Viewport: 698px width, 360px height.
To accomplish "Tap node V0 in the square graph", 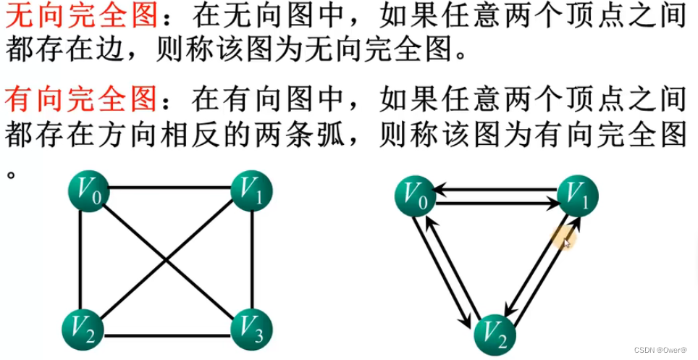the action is point(88,191).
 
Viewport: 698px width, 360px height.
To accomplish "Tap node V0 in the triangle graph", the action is point(415,196).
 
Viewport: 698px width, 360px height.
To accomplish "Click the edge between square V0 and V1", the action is point(170,189).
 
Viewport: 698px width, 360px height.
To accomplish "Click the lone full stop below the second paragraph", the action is point(11,175).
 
